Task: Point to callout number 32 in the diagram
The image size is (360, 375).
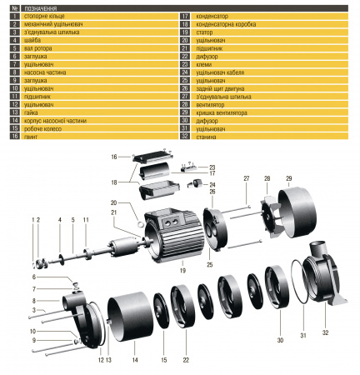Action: point(326,334)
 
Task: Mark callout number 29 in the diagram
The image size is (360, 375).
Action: point(289,178)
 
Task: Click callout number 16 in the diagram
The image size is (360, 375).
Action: point(114,157)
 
